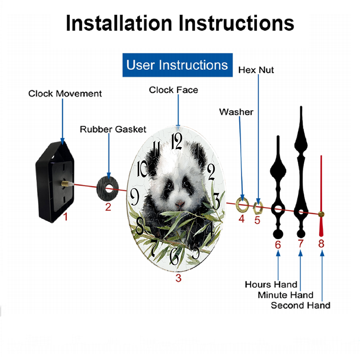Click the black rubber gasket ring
coord(107,189)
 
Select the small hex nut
coord(258,208)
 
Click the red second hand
coord(321,196)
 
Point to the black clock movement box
coord(55,182)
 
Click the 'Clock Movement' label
coord(65,94)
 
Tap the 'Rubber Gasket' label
coord(113,129)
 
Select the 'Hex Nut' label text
coord(256,70)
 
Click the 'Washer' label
coord(236,112)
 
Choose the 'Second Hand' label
coord(301,305)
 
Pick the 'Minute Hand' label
coord(285,295)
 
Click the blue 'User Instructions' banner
coord(177,65)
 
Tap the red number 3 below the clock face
coord(179,278)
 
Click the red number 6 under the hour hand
coord(278,245)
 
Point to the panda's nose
coord(179,204)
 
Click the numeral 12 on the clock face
coord(177,141)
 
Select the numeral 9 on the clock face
coord(135,197)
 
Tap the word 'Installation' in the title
coord(119,23)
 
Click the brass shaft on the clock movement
coord(66,184)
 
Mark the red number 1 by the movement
coord(66,216)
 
